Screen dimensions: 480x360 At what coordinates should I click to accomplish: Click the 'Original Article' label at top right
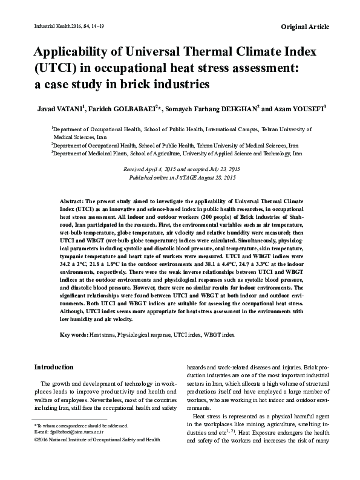[305, 28]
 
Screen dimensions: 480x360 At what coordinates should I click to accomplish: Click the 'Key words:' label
[74, 334]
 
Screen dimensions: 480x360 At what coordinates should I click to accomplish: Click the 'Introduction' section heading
[54, 367]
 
